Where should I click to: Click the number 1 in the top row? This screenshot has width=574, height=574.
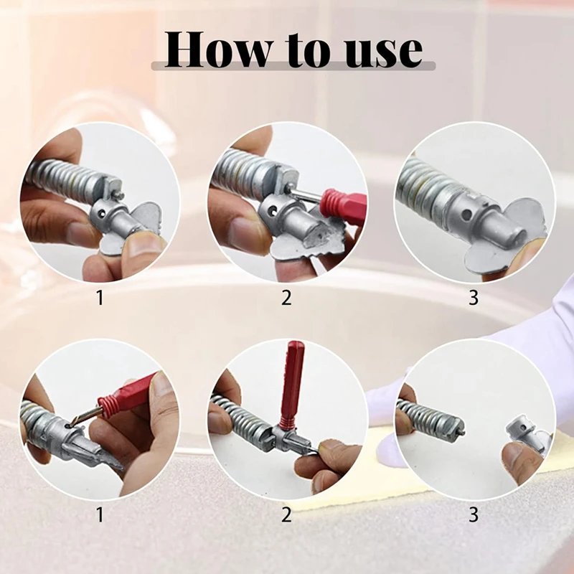point(100,298)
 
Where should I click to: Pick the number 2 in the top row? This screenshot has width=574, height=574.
point(286,298)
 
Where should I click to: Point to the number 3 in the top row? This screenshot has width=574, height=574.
point(473,298)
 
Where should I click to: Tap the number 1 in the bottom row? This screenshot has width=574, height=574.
point(100,514)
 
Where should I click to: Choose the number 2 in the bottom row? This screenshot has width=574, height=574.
point(286,514)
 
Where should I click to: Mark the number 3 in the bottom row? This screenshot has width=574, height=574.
point(473,514)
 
